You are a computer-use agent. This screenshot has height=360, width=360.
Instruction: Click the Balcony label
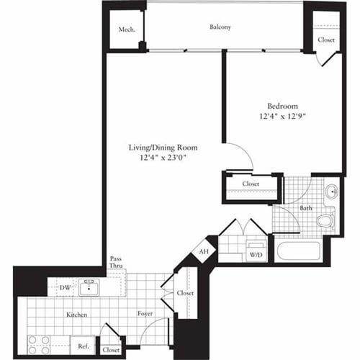point(220,27)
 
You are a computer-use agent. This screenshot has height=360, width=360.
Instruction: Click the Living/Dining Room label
point(163,148)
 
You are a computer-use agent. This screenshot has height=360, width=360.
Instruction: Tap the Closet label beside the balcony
point(325,40)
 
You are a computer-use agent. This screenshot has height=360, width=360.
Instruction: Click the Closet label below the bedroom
point(251,184)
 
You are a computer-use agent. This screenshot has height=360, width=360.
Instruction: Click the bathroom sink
point(330,192)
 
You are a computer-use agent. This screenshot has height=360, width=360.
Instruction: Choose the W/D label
point(255,255)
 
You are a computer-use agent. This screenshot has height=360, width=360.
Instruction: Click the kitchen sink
point(91,288)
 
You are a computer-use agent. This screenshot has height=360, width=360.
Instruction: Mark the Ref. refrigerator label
point(83,346)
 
